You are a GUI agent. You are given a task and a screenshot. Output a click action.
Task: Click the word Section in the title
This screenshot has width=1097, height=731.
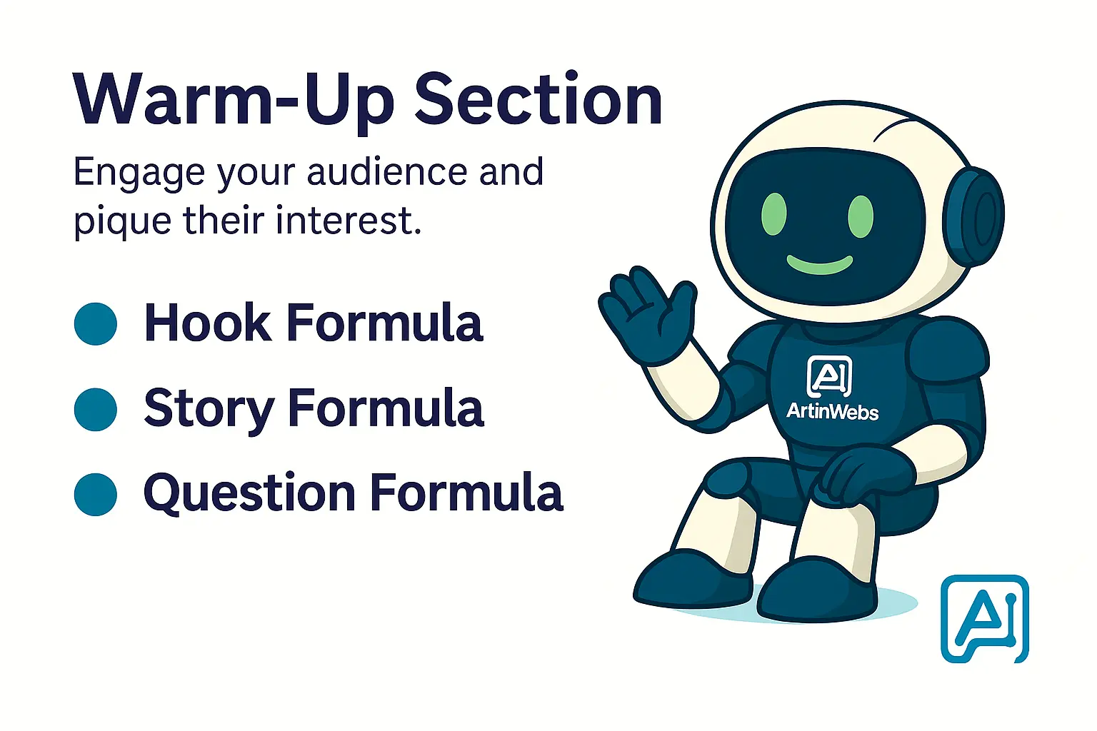[x=539, y=100]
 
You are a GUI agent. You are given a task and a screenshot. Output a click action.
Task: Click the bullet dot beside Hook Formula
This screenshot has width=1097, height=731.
[x=96, y=324]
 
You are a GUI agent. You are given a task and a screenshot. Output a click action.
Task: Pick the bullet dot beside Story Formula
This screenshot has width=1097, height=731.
[x=96, y=409]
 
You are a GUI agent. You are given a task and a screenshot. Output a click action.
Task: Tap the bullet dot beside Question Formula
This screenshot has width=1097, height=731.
[x=96, y=494]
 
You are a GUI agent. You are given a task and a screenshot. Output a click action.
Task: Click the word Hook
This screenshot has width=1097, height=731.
[x=208, y=323]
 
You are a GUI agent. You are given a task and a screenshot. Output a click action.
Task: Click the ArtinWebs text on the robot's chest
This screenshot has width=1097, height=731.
[x=832, y=411]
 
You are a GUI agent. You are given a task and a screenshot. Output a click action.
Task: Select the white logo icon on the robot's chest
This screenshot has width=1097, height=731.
[x=829, y=376]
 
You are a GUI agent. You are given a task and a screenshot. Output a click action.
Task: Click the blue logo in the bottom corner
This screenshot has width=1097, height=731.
[x=985, y=618]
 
